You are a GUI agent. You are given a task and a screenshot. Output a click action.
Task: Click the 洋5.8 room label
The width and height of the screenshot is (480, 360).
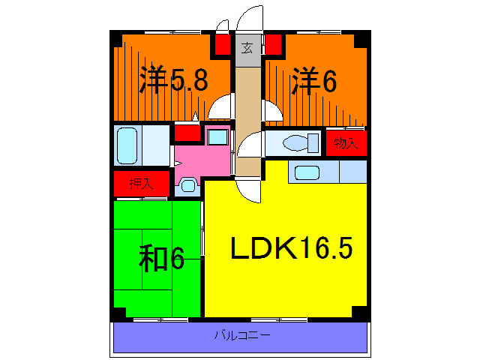pos(173,81)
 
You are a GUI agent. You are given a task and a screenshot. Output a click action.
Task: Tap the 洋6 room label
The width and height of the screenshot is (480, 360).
pos(313,80)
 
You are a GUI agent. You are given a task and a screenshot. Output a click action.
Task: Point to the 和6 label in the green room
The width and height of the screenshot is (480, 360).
pos(160,259)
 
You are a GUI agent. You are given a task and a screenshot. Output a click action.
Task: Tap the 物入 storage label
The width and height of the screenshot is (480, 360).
pos(345,142)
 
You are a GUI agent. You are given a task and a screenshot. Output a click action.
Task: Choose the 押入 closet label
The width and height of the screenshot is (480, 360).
pos(140,182)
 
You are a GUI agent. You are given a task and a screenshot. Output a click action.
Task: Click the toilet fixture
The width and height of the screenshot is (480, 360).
pos(296,142)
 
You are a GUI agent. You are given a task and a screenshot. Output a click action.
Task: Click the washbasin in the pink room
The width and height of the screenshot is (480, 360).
pos(187,184)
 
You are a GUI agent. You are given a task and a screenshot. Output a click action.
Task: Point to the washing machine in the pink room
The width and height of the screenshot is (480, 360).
pos(217,137)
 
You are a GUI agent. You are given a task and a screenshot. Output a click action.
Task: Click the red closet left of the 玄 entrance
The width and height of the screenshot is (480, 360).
pos(223,43)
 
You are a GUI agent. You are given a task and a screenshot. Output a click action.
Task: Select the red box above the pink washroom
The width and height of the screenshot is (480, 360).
pos(187,134)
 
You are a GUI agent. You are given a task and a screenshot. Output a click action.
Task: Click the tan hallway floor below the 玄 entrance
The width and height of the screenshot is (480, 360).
pos(246,97)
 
